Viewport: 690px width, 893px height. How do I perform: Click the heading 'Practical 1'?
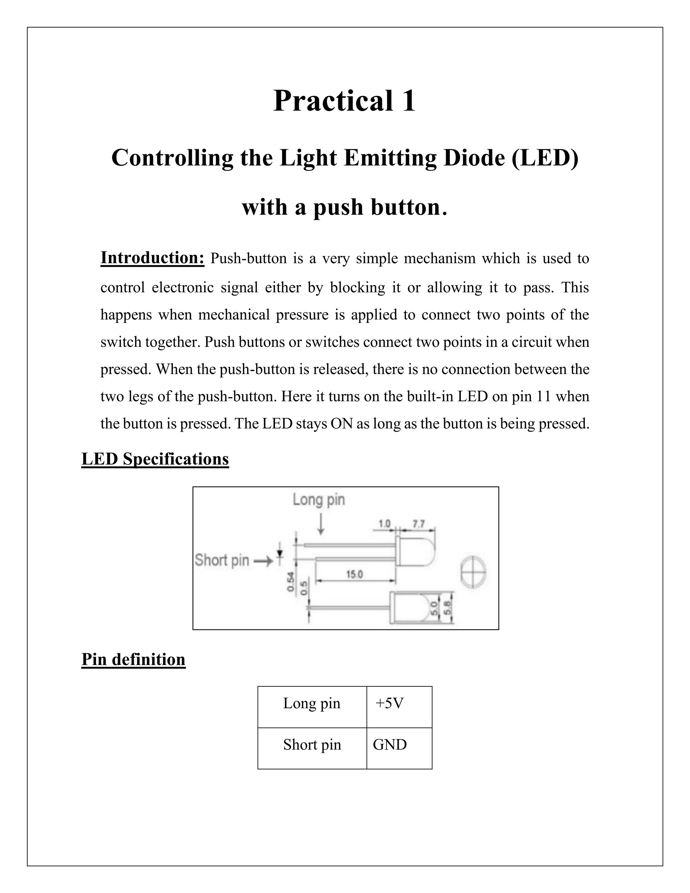click(345, 100)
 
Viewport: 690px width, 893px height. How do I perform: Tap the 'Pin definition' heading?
click(133, 659)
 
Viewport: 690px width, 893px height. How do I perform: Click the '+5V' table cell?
click(389, 703)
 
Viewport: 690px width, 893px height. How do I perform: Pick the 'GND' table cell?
click(389, 745)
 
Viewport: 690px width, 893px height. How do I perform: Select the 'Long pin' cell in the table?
click(312, 703)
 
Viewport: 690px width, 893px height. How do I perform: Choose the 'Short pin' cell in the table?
click(312, 745)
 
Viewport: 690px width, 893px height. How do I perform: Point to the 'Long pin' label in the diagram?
click(318, 499)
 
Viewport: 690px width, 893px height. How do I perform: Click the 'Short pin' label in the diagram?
click(222, 560)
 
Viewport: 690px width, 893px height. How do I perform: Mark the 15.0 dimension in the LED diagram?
click(354, 575)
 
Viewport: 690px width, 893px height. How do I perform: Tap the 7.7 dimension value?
click(418, 524)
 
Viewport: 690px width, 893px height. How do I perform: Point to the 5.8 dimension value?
click(447, 609)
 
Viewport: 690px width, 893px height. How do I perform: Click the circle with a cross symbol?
click(473, 572)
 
